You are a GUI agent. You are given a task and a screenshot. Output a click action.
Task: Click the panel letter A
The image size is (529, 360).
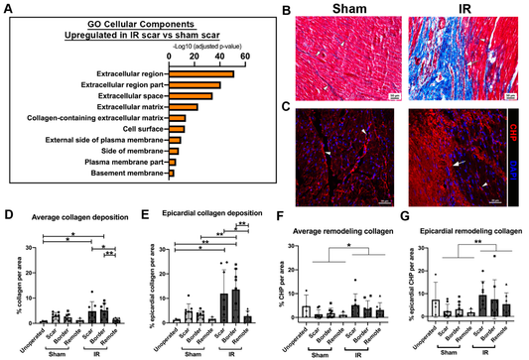[9, 10]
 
